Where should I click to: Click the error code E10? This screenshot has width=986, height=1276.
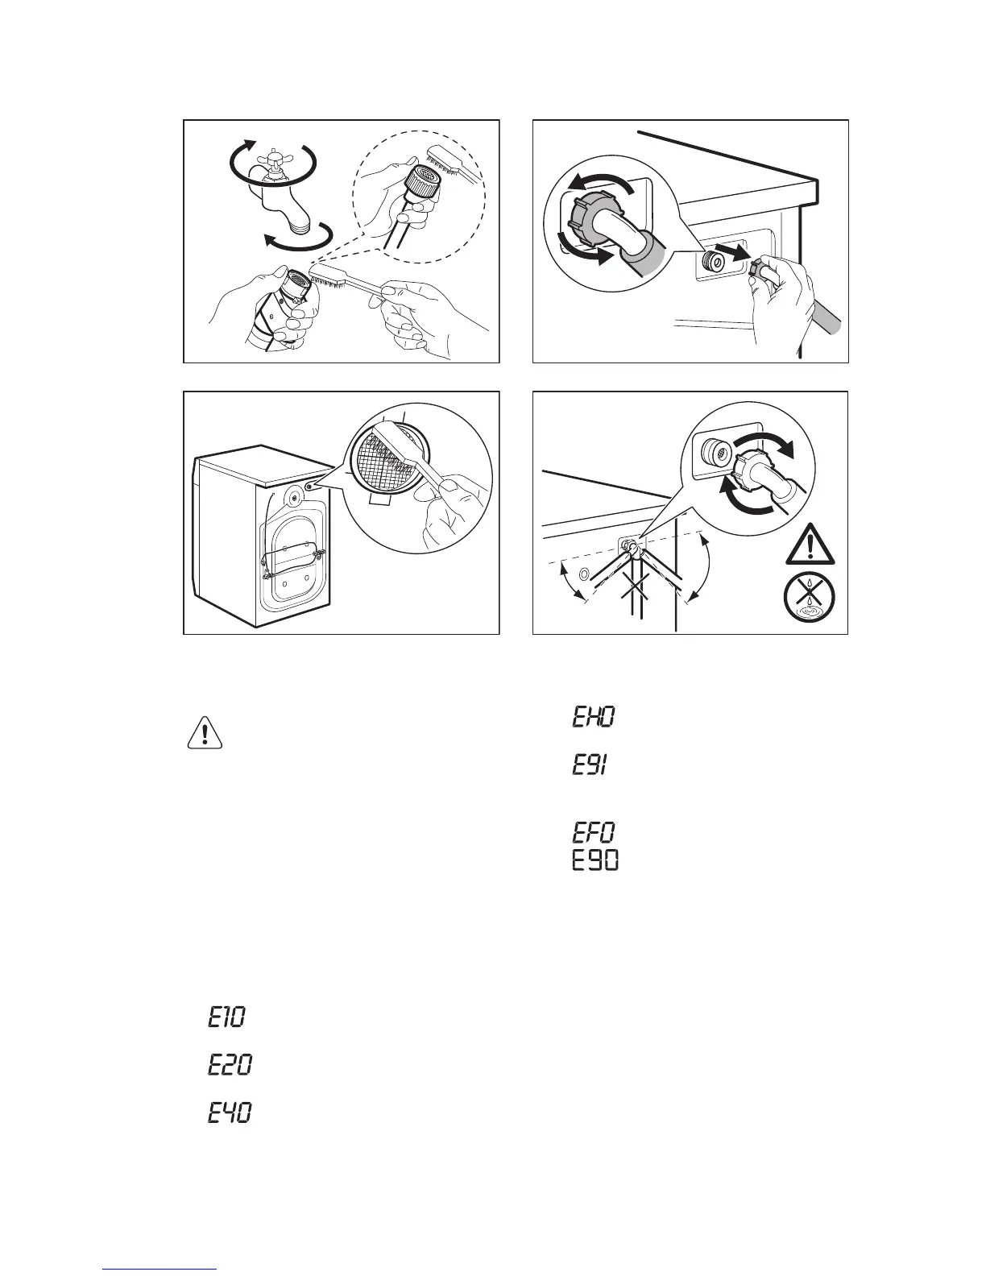226,1017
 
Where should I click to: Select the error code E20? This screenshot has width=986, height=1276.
229,1066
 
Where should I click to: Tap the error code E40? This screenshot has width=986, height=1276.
229,1114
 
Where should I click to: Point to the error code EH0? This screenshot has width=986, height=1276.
594,717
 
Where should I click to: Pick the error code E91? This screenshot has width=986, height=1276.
590,765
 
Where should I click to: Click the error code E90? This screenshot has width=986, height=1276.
595,860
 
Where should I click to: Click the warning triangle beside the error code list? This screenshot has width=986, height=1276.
205,732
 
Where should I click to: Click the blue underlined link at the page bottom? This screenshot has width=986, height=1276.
160,1270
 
